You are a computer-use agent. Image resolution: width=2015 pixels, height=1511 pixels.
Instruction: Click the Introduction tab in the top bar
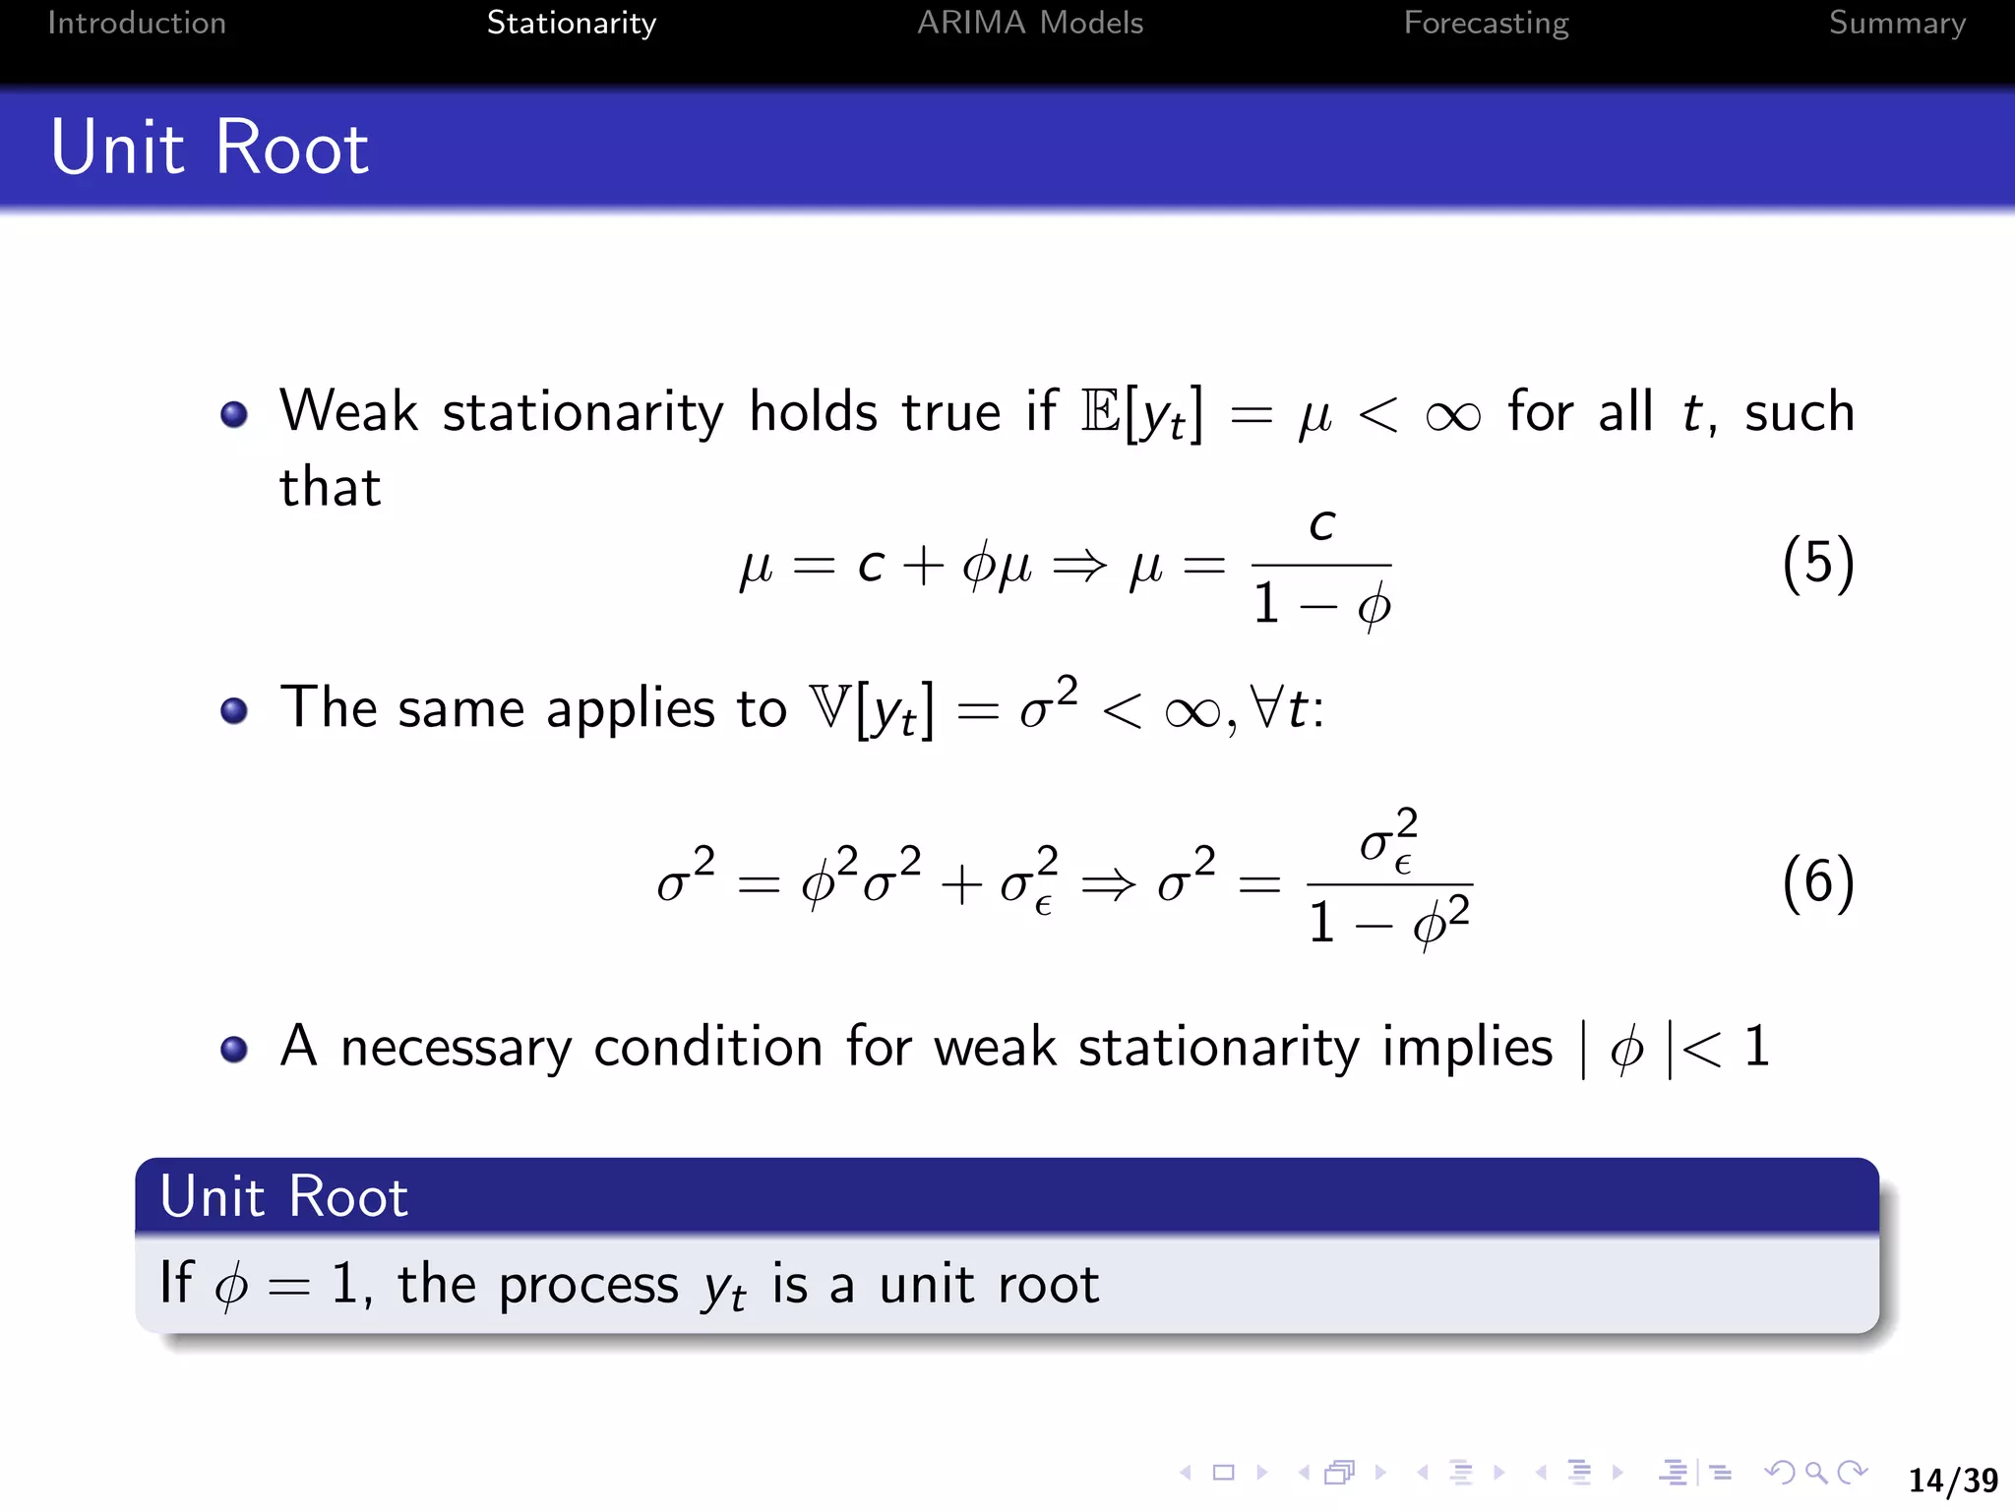click(137, 23)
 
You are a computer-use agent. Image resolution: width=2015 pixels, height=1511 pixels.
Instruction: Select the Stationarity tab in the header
click(571, 23)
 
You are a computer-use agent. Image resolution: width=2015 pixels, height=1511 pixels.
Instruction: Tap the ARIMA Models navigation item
click(1030, 23)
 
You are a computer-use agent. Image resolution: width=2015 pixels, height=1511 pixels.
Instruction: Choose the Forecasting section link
click(1486, 23)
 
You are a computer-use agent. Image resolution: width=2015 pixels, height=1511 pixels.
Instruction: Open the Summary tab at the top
click(1897, 23)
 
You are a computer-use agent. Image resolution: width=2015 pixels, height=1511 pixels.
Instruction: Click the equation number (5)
click(1818, 564)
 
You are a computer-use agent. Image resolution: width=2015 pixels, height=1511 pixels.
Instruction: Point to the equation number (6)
click(1818, 881)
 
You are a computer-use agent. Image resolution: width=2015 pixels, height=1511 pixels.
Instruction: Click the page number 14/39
click(1953, 1480)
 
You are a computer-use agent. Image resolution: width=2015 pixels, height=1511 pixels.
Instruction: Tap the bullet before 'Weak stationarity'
click(234, 414)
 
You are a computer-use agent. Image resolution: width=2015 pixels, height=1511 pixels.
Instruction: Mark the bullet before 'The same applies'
click(234, 710)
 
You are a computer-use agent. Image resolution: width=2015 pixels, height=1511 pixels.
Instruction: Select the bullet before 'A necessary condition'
click(234, 1050)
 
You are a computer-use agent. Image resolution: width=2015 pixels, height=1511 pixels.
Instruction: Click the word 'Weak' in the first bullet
click(349, 411)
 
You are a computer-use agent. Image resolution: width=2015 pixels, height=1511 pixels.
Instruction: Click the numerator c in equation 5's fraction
click(1321, 525)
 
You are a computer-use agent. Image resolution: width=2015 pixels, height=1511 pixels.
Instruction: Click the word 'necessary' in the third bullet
click(456, 1048)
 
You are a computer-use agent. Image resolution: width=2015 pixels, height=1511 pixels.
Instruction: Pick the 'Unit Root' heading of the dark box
click(284, 1196)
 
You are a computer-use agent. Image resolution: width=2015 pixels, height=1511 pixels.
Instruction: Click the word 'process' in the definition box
click(588, 1286)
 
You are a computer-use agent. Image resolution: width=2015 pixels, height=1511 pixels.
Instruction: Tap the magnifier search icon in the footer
click(1816, 1473)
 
